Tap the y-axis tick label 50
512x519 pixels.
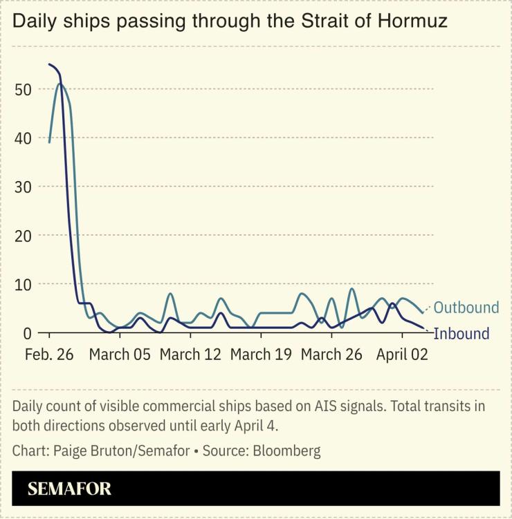coord(23,89)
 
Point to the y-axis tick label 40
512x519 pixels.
coord(23,138)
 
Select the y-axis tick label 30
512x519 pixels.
coord(23,187)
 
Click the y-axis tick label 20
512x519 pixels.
coord(23,236)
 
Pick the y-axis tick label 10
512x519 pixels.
coord(23,284)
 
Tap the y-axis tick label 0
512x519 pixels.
coord(28,332)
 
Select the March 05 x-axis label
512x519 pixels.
coord(120,355)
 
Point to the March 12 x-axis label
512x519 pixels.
coord(190,355)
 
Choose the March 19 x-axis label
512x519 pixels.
coord(262,355)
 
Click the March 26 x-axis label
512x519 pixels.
coord(332,355)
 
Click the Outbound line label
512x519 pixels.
coord(466,308)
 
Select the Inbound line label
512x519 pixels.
coord(461,333)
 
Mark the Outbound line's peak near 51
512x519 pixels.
coord(60,84)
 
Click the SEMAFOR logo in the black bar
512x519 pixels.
coord(69,489)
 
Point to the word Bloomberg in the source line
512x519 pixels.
coord(286,451)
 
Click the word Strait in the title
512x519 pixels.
coord(323,21)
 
